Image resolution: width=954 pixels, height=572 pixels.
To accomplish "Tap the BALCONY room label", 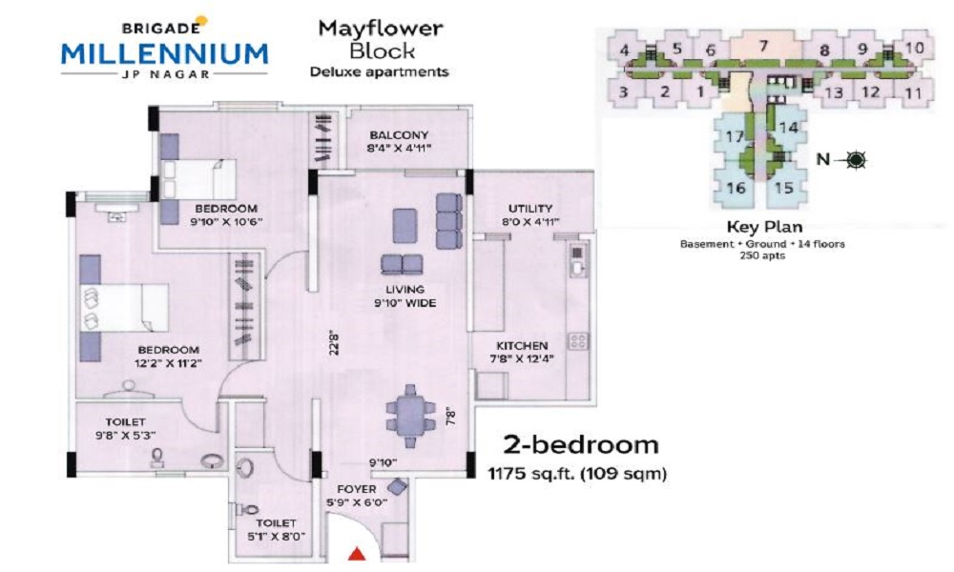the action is pyautogui.click(x=399, y=135).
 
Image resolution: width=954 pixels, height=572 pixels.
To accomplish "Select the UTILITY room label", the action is pyautogui.click(x=530, y=209).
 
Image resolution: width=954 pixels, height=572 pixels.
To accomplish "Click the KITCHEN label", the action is pyautogui.click(x=522, y=345).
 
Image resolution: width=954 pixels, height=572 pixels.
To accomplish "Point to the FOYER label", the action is pyautogui.click(x=357, y=489).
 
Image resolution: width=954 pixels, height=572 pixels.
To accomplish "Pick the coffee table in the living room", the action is pyautogui.click(x=404, y=226).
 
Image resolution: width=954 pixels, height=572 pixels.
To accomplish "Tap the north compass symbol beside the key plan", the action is pyautogui.click(x=857, y=160).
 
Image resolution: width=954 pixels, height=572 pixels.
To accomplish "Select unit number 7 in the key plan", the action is pyautogui.click(x=763, y=46).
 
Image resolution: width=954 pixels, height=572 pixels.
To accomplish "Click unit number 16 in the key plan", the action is pyautogui.click(x=736, y=187).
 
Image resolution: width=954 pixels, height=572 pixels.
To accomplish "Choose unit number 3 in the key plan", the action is pyautogui.click(x=623, y=92).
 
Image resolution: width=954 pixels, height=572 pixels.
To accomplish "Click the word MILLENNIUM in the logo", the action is pyautogui.click(x=164, y=54).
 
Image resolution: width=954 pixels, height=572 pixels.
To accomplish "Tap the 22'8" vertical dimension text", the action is pyautogui.click(x=333, y=342).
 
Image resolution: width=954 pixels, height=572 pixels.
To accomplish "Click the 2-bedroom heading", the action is pyautogui.click(x=580, y=445).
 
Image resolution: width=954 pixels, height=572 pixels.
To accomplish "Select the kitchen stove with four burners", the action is pyautogui.click(x=578, y=340).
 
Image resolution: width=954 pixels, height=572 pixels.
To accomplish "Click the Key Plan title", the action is pyautogui.click(x=765, y=227).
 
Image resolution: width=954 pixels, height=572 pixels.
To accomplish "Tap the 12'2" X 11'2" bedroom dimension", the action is pyautogui.click(x=168, y=363).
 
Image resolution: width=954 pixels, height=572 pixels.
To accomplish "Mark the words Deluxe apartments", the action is pyautogui.click(x=379, y=71).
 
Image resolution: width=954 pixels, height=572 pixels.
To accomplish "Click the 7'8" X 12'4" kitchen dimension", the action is pyautogui.click(x=522, y=358).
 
